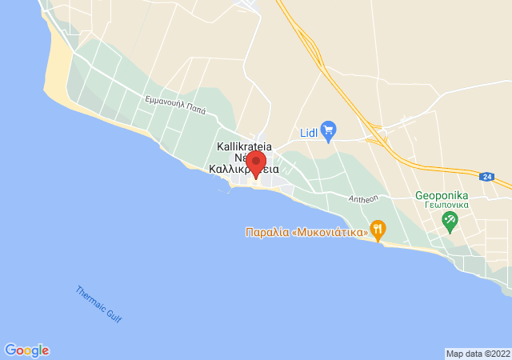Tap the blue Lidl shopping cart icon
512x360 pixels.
327,129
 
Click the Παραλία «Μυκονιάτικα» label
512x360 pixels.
306,233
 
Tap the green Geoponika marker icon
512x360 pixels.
450,220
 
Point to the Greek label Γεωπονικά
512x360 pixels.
442,205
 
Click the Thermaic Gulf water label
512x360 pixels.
99,305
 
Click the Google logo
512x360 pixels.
26,350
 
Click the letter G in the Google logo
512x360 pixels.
10,350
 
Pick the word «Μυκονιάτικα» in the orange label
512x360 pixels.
330,233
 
